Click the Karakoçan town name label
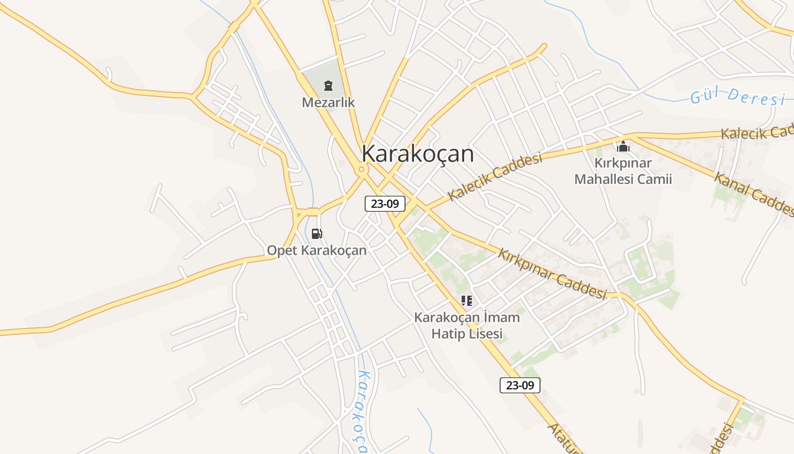pyautogui.click(x=417, y=154)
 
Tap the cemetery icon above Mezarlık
pyautogui.click(x=328, y=86)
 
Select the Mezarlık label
pyautogui.click(x=328, y=103)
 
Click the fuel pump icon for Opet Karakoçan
pyautogui.click(x=316, y=233)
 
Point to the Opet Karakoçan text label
pyautogui.click(x=316, y=250)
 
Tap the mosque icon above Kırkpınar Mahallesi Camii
pyautogui.click(x=623, y=147)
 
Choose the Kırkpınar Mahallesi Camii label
pyautogui.click(x=623, y=171)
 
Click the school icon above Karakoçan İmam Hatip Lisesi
pyautogui.click(x=467, y=300)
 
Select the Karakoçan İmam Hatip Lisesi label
pyautogui.click(x=467, y=325)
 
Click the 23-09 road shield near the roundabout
pyautogui.click(x=385, y=204)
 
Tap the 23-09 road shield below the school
pyautogui.click(x=520, y=385)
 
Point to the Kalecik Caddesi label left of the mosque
pyautogui.click(x=495, y=176)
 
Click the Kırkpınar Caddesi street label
pyautogui.click(x=552, y=274)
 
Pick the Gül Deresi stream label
pyautogui.click(x=737, y=96)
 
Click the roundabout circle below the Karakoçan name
pyautogui.click(x=361, y=169)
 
